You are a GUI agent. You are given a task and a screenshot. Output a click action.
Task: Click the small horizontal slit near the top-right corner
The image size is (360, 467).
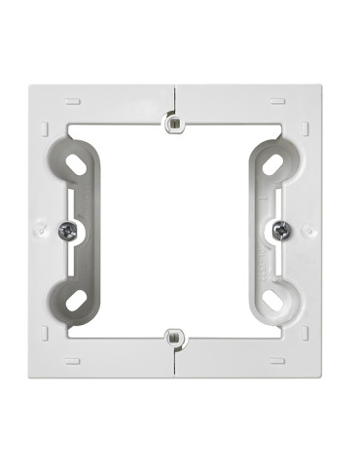277,98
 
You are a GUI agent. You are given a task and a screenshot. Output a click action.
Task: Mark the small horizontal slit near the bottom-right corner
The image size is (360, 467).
277,361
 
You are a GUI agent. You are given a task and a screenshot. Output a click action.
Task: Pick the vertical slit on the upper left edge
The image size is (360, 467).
44,126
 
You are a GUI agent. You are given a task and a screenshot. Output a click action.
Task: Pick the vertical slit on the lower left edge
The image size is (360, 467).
44,333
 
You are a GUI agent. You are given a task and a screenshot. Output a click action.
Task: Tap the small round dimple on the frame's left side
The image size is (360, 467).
44,231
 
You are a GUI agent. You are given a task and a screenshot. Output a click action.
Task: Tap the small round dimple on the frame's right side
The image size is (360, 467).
307,231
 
